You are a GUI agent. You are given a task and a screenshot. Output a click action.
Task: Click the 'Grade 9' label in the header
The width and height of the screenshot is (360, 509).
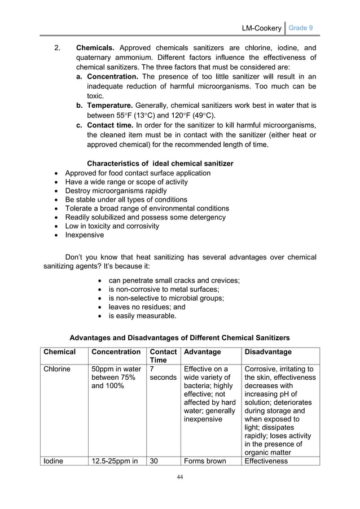301,28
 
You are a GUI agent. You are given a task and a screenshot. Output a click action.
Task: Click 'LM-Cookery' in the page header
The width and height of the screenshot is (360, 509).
261,28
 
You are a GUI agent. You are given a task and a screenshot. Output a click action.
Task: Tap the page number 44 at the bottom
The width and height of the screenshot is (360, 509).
179,477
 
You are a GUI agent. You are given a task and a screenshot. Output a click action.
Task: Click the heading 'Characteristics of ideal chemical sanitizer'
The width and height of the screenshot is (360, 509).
160,164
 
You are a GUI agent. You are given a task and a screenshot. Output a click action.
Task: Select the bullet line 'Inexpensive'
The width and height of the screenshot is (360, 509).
85,235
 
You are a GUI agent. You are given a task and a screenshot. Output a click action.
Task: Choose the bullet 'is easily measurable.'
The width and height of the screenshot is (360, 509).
142,316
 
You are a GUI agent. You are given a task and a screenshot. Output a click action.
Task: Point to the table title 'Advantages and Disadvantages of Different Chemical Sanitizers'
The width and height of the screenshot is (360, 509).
179,338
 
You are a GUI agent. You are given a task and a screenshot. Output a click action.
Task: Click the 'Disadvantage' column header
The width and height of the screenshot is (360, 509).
267,352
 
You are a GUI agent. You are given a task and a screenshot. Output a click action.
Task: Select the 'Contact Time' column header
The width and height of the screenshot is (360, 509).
163,356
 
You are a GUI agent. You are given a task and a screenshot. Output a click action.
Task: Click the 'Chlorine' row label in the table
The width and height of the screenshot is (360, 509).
58,369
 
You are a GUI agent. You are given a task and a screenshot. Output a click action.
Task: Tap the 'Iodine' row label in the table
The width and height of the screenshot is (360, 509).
54,461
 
